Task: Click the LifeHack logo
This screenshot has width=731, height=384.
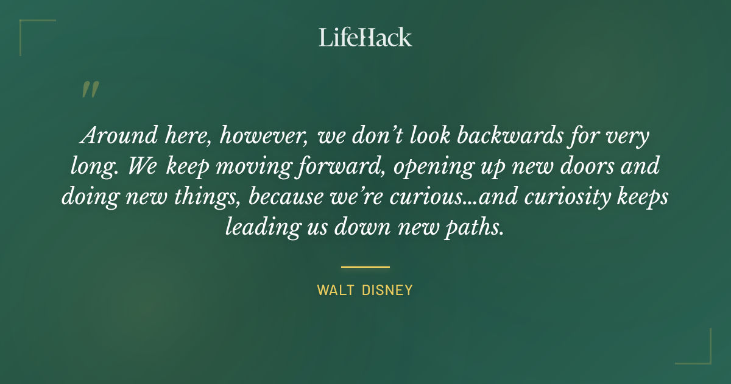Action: tap(365, 37)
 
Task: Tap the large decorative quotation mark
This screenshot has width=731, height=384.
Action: tap(90, 90)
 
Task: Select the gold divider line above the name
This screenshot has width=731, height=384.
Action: tap(365, 267)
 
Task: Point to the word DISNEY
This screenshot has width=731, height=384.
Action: tap(387, 290)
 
